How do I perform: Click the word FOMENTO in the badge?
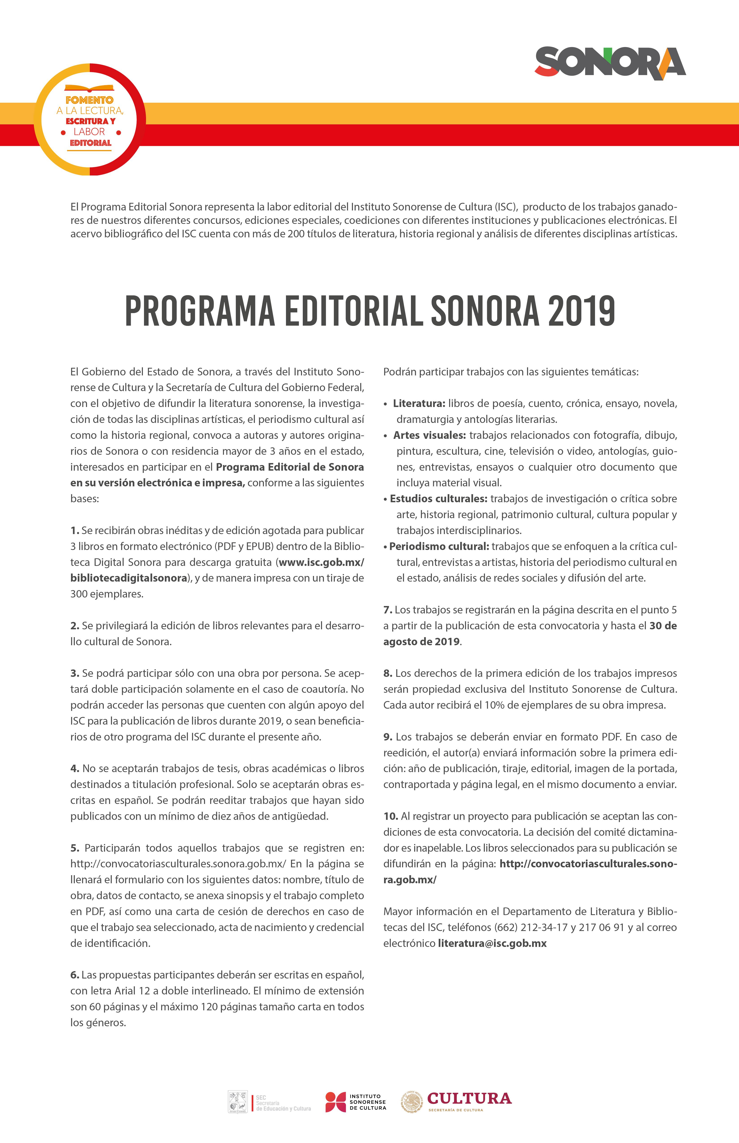pyautogui.click(x=90, y=100)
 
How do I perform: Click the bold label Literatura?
pyautogui.click(x=419, y=403)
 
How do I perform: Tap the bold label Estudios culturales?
pyautogui.click(x=438, y=498)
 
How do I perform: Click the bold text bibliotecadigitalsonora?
pyautogui.click(x=129, y=578)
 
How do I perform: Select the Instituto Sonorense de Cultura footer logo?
pyautogui.click(x=356, y=1102)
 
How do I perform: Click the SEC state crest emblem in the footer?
pyautogui.click(x=238, y=1102)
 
